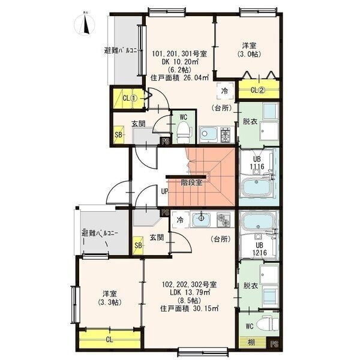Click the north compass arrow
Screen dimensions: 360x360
coord(86,25)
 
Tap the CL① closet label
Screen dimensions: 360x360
coord(130,98)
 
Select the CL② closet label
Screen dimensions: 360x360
coord(258,90)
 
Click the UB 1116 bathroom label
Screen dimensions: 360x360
coord(257,163)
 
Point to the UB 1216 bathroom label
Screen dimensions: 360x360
coord(260,249)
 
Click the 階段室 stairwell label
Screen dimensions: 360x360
coord(191,182)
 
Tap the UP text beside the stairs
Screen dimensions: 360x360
coord(164,191)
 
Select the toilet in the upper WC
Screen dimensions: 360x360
coord(184,133)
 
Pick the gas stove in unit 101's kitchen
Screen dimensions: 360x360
coord(226,134)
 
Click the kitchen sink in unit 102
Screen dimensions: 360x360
coord(201,219)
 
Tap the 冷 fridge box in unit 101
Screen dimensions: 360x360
coord(225,91)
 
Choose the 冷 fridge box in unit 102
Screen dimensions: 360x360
coord(181,220)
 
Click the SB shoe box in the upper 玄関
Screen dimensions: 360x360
coord(119,135)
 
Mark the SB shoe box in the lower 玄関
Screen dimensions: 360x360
coord(138,245)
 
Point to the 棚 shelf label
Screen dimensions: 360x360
coord(251,343)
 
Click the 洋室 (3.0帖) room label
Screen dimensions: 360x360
coord(249,50)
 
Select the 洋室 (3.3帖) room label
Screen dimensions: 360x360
coord(110,298)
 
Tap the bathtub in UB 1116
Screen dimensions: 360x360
coord(257,188)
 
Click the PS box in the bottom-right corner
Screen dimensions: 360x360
coord(274,344)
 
